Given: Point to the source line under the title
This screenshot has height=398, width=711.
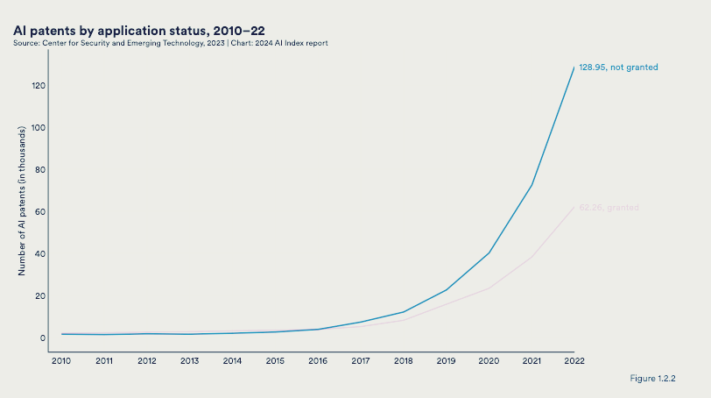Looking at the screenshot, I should point(171,43).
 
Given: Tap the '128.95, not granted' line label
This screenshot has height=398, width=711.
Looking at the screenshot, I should point(618,68).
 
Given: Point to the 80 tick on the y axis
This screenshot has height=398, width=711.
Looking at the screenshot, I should point(39,170).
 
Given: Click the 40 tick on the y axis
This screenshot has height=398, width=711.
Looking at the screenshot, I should point(39,254).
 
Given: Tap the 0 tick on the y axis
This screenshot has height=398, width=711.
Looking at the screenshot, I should point(42,338).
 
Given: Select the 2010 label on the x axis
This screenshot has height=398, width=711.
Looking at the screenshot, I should point(61,360).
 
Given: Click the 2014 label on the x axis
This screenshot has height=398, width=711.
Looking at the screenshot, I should point(232,360).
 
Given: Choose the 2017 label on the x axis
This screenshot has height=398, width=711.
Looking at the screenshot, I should point(360,360).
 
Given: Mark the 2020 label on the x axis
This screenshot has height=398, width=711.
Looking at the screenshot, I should point(489,360).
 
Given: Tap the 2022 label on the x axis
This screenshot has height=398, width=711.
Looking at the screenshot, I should point(574,360).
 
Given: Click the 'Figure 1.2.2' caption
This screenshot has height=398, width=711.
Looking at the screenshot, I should point(652,378).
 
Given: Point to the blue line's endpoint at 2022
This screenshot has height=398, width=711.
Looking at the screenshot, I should point(574,68).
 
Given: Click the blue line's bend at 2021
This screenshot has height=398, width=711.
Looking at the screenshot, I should point(531,185).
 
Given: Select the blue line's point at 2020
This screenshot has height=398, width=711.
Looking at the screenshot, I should point(489,252).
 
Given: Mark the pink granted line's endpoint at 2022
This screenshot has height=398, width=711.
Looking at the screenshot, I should point(574,207).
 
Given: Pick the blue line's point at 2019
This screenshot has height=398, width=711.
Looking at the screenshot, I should point(446,290).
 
